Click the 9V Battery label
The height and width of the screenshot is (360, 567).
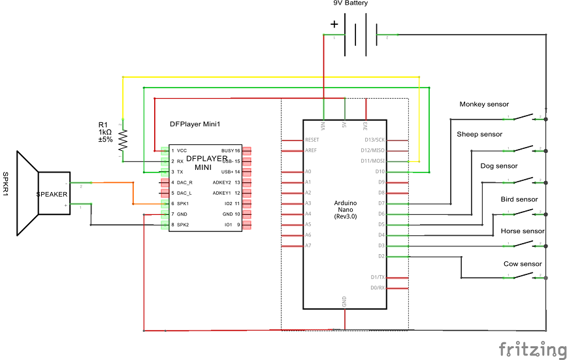pyautogui.click(x=350, y=3)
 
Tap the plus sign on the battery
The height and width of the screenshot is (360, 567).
pyautogui.click(x=334, y=25)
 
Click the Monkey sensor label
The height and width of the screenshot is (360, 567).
pyautogui.click(x=484, y=104)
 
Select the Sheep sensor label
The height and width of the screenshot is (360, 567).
pyautogui.click(x=479, y=134)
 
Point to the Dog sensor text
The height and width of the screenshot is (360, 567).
pyautogui.click(x=498, y=166)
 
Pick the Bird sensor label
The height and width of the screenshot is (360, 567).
pyautogui.click(x=519, y=199)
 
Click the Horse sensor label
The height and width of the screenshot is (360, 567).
pyautogui.click(x=523, y=231)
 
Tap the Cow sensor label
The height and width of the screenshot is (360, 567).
pyautogui.click(x=523, y=264)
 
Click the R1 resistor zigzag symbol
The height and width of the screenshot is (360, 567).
pyautogui.click(x=122, y=139)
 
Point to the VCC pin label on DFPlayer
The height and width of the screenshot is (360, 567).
pyautogui.click(x=182, y=150)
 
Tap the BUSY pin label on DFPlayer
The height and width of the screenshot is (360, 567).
pyautogui.click(x=227, y=150)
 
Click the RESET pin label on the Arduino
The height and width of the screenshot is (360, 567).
pyautogui.click(x=312, y=140)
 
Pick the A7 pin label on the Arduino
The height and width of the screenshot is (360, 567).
pyautogui.click(x=308, y=246)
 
